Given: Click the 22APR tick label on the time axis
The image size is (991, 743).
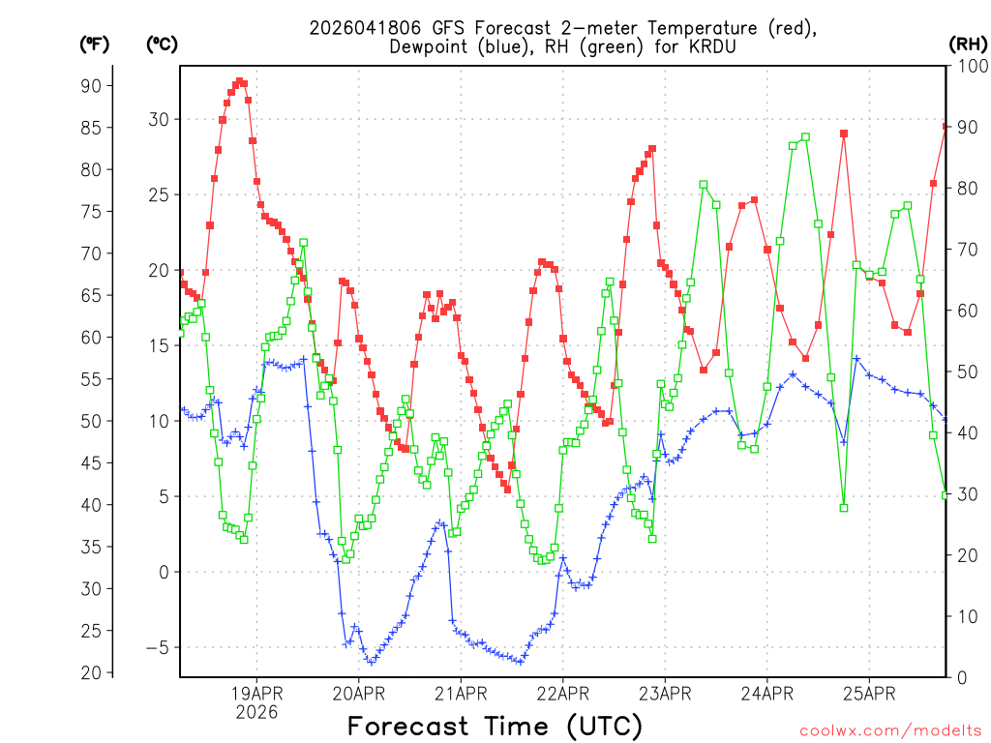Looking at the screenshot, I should (x=562, y=693).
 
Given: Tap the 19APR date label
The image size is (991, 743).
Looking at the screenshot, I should (x=256, y=693).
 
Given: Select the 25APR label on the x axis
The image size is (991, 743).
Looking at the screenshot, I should (x=868, y=693).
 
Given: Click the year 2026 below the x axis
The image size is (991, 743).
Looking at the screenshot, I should (x=256, y=712).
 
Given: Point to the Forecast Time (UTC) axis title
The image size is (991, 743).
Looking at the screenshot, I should (x=495, y=726).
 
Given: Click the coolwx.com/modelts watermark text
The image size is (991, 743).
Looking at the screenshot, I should (x=889, y=729).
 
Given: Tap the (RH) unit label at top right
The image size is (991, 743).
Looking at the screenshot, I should (x=968, y=43).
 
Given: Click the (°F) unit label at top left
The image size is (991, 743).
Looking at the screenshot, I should (x=96, y=43).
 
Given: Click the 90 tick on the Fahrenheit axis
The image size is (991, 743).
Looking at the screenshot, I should (x=91, y=85).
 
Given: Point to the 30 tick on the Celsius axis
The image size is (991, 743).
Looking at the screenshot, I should (x=158, y=119).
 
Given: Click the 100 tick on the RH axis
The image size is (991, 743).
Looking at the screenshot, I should (x=969, y=66).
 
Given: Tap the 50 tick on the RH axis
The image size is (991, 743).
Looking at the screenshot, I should (x=965, y=371).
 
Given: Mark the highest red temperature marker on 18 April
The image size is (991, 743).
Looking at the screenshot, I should (x=239, y=82).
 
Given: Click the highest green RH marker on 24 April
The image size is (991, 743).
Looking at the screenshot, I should (x=805, y=137).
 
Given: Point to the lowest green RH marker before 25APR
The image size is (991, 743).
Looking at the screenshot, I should (x=844, y=508).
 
